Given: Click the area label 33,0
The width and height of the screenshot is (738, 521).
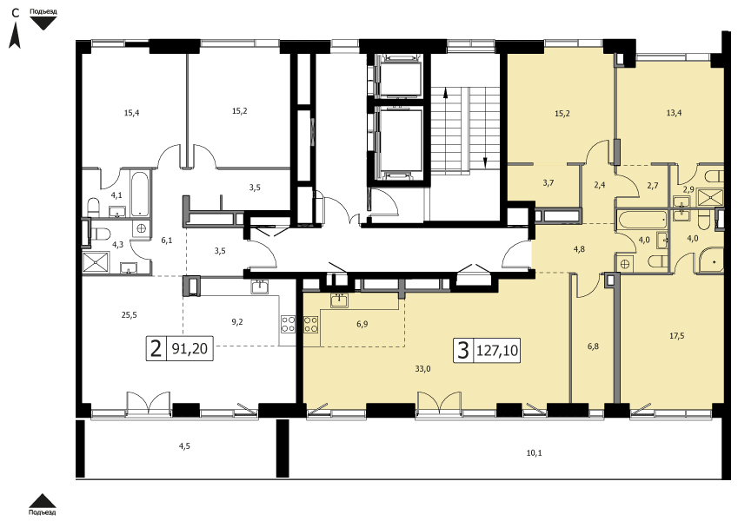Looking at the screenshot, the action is (x=422, y=369).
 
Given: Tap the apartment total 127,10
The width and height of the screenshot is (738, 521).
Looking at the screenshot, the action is (x=497, y=350).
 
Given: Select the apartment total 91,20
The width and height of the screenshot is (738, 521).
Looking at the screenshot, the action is (x=189, y=348).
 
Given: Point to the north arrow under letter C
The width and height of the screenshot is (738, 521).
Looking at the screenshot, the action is (x=15, y=36).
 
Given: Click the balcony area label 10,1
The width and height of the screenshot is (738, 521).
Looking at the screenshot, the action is (x=534, y=453).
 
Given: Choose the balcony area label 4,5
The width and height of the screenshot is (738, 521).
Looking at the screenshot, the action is (x=184, y=446).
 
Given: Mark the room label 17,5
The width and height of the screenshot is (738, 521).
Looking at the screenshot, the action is (x=676, y=336).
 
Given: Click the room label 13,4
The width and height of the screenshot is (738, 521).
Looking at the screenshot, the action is (x=674, y=112).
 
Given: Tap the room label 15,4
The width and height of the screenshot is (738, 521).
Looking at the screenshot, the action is (x=132, y=113).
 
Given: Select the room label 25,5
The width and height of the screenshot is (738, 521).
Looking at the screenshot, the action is (x=129, y=315).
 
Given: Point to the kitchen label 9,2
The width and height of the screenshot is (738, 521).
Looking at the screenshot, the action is (x=237, y=322).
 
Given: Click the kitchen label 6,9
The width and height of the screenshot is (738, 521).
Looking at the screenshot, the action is (x=362, y=324).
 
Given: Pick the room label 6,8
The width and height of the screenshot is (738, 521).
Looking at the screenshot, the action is (x=593, y=347).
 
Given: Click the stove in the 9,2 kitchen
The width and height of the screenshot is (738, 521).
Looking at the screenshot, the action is (x=288, y=324).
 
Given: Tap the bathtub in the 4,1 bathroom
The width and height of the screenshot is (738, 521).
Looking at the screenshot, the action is (x=139, y=195).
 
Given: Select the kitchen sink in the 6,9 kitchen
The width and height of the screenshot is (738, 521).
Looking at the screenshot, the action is (x=339, y=300).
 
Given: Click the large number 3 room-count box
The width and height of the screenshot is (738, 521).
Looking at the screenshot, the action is (x=464, y=350).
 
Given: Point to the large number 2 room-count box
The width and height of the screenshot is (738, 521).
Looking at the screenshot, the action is (x=156, y=348).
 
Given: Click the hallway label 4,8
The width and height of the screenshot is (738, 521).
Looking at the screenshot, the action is (x=579, y=249).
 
